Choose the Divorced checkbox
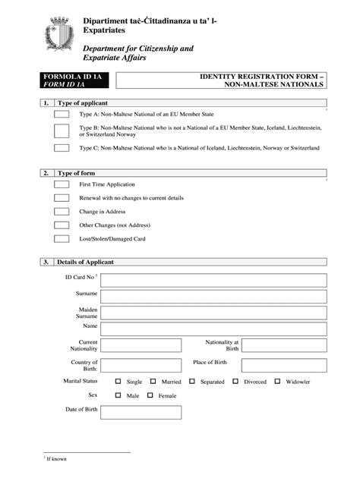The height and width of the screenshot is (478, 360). pos(235,382)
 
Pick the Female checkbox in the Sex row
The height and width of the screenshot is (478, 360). pos(151,395)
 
